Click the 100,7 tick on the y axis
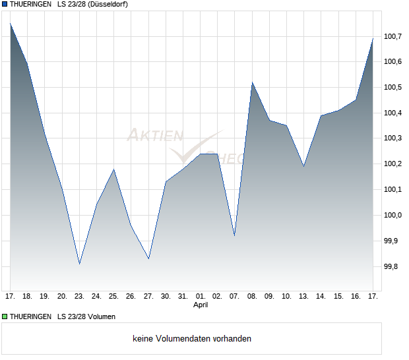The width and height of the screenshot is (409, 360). click(x=394, y=36)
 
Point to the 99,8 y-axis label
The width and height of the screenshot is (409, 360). click(x=394, y=266)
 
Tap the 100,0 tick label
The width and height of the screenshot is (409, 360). click(x=394, y=215)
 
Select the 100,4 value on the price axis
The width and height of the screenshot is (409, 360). click(x=394, y=113)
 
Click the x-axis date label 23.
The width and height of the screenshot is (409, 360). click(x=79, y=296)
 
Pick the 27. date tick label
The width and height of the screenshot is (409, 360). click(x=148, y=296)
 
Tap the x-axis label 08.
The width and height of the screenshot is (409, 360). click(x=252, y=296)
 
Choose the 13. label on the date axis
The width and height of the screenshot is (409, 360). click(x=303, y=296)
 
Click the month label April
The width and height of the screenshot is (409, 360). click(x=201, y=305)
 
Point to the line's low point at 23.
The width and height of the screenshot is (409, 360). click(x=79, y=264)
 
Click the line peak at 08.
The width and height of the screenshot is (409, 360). click(x=252, y=82)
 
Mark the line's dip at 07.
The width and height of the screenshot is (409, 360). click(x=235, y=235)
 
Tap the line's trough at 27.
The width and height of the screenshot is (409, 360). click(x=148, y=258)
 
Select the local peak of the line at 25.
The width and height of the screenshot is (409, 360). click(x=114, y=169)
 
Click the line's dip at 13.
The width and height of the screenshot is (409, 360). click(x=303, y=166)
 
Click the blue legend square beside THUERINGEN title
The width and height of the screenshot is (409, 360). click(x=5, y=5)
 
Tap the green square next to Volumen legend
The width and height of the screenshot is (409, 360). click(x=5, y=316)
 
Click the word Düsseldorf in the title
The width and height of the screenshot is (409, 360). click(x=107, y=5)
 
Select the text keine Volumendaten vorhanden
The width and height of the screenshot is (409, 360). click(x=192, y=338)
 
